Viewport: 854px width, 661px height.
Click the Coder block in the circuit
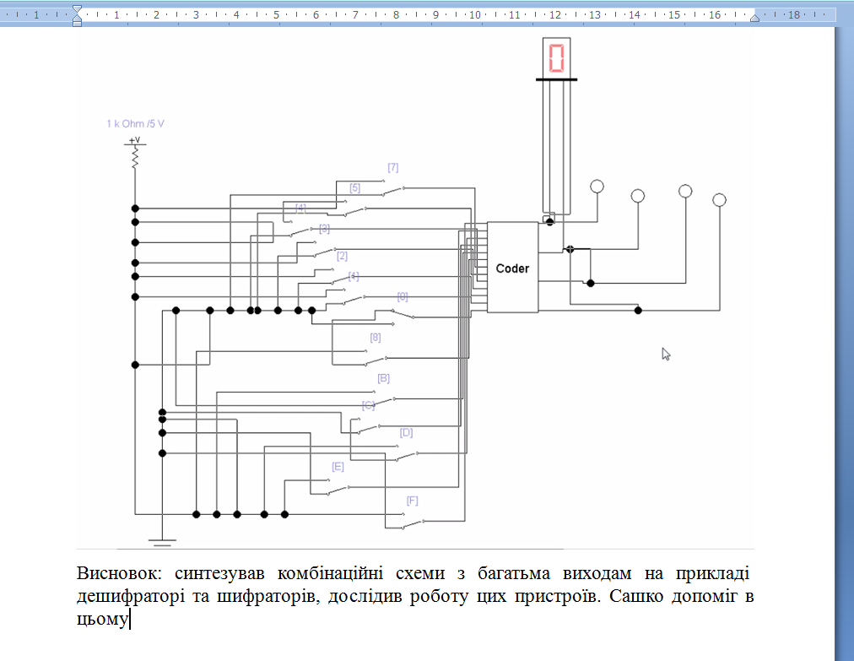pyautogui.click(x=512, y=268)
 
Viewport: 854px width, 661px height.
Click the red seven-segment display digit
pyautogui.click(x=556, y=57)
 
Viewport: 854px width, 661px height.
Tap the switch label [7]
pyautogui.click(x=392, y=167)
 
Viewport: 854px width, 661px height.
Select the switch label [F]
pyautogui.click(x=413, y=501)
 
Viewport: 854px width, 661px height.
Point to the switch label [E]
pyautogui.click(x=338, y=466)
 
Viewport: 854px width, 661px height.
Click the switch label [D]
pyautogui.click(x=406, y=432)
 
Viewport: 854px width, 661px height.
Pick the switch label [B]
pyautogui.click(x=383, y=378)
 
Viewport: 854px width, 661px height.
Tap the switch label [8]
pyautogui.click(x=376, y=338)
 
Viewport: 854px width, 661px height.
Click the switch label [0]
pyautogui.click(x=403, y=296)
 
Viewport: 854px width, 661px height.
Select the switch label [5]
pyautogui.click(x=355, y=187)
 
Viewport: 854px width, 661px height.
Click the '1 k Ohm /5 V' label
pyautogui.click(x=135, y=123)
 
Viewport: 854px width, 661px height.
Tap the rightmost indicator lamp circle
pyautogui.click(x=719, y=200)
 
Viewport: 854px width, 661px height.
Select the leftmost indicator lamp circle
pyautogui.click(x=597, y=187)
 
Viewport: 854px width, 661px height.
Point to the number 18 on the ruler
pyautogui.click(x=793, y=14)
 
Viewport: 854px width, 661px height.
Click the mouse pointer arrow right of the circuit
pyautogui.click(x=666, y=354)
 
